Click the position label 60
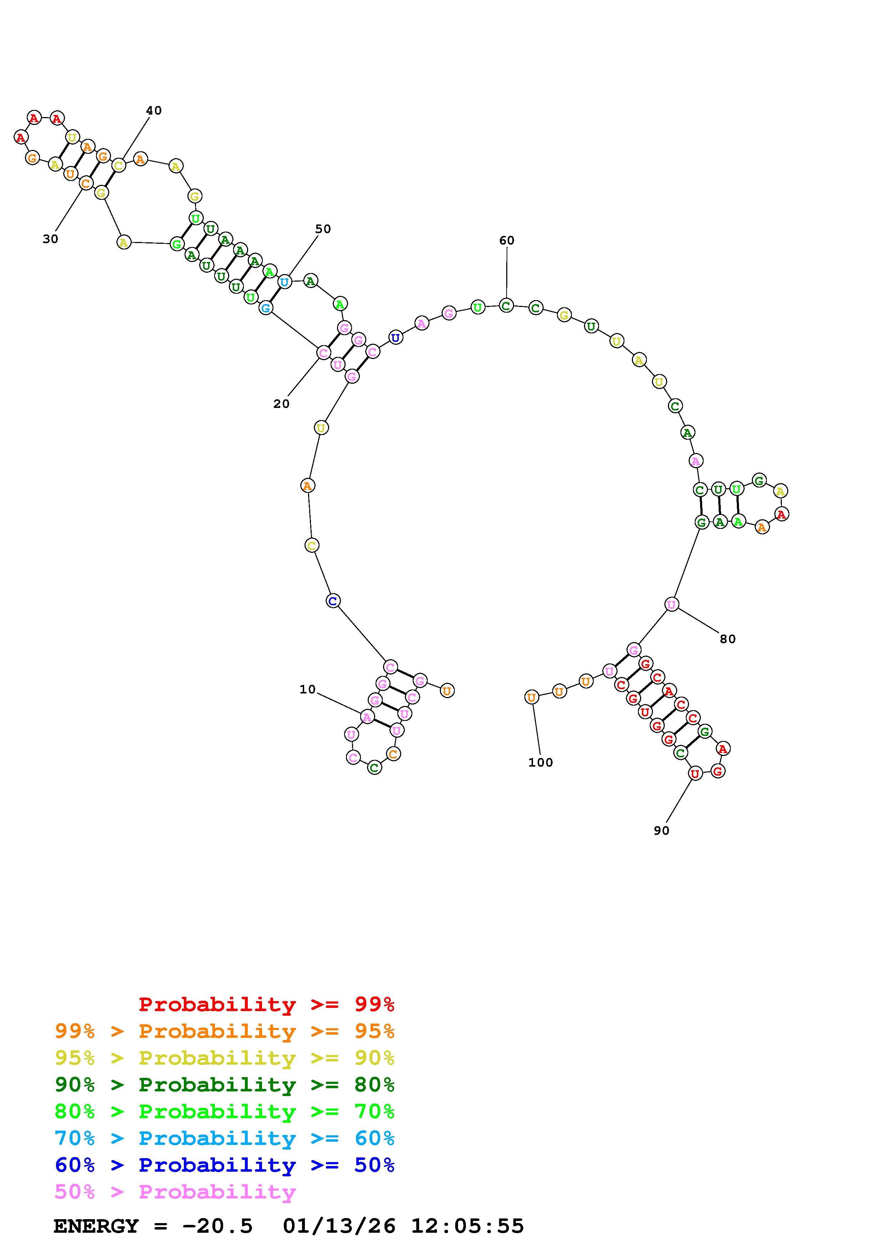[x=507, y=241]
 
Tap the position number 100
[x=540, y=763]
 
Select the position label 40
[x=154, y=111]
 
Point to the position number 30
[x=50, y=239]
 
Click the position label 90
[x=662, y=831]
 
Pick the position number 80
[x=728, y=639]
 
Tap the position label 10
[x=307, y=689]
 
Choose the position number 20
[x=281, y=404]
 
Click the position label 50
[x=323, y=229]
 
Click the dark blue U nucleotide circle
[x=395, y=338]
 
